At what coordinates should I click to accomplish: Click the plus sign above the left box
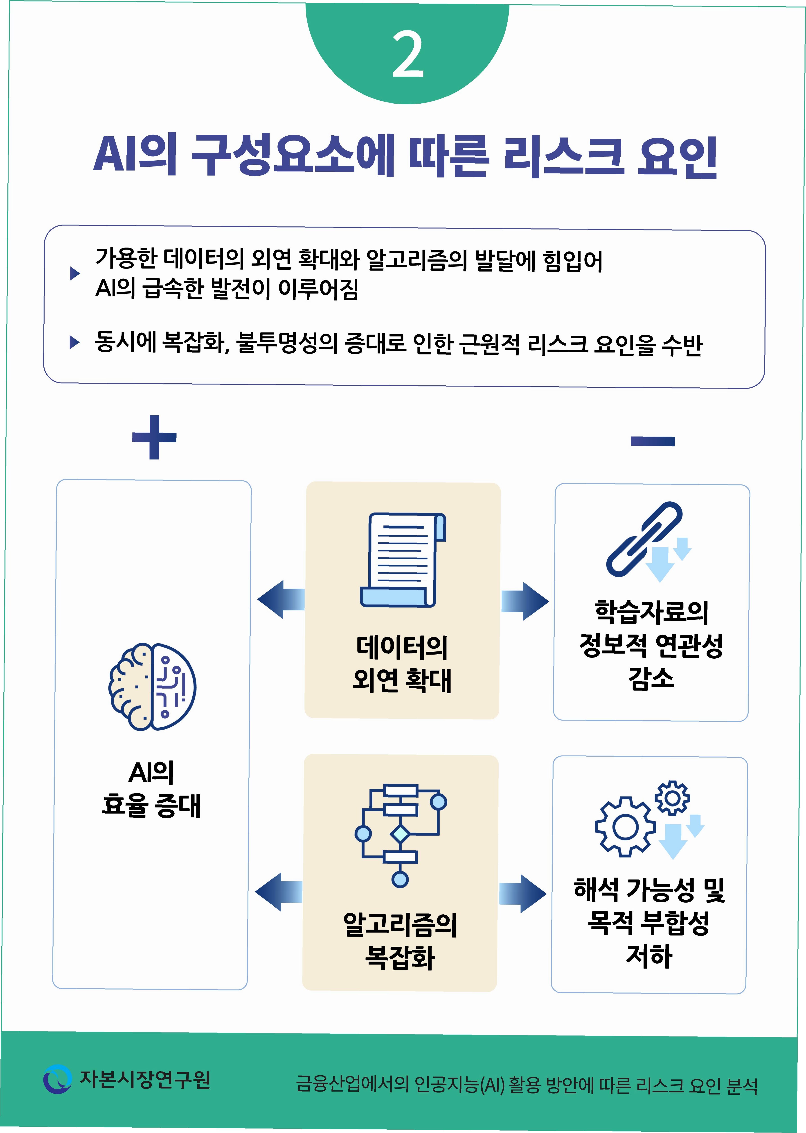(x=154, y=437)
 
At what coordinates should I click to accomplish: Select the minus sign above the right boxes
(x=652, y=441)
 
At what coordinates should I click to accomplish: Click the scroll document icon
(x=403, y=560)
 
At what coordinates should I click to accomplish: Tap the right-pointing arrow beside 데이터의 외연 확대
(x=525, y=601)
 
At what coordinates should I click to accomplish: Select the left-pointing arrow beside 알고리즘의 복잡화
(x=278, y=892)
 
